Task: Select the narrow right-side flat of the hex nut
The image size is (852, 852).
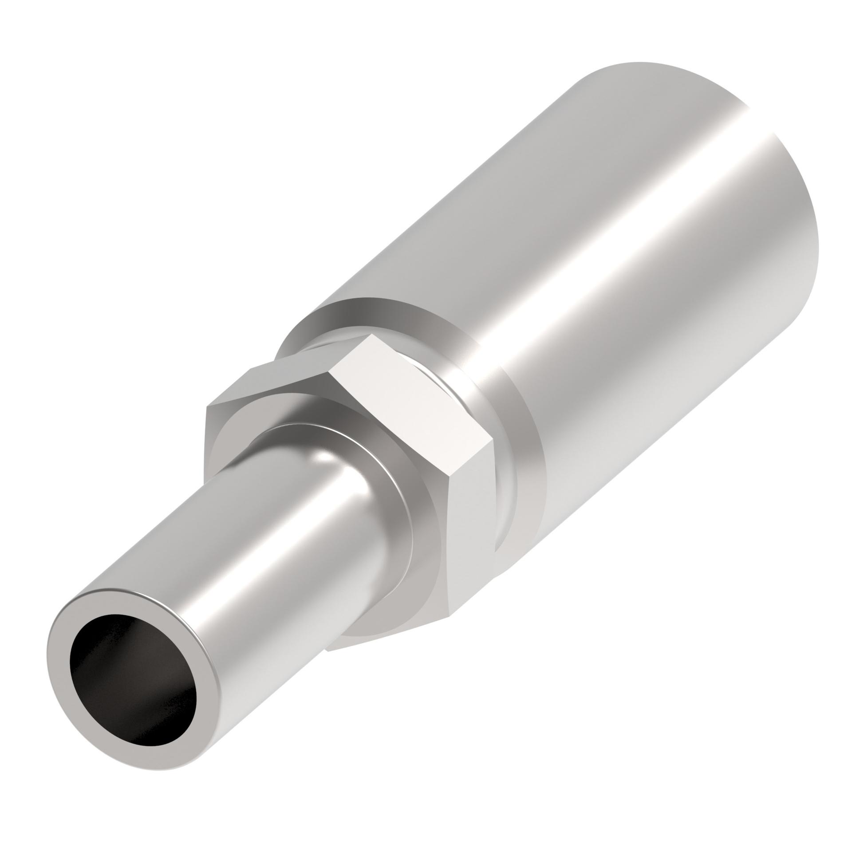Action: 470,532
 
